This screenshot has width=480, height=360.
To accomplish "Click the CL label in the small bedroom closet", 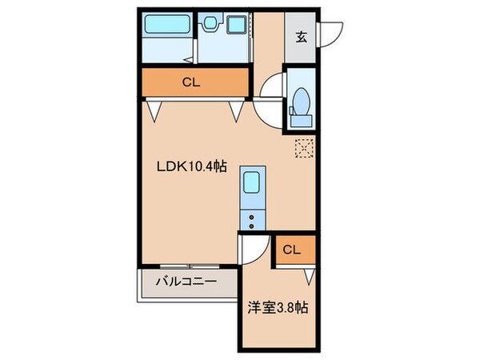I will coord(292,250).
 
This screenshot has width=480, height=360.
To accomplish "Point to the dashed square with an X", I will coord(304,148).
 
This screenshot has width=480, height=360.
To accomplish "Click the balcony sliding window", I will coord(189,266).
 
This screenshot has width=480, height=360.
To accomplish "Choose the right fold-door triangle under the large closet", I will coord(237,110).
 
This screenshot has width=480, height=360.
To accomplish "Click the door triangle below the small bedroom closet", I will coord(309,276).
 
